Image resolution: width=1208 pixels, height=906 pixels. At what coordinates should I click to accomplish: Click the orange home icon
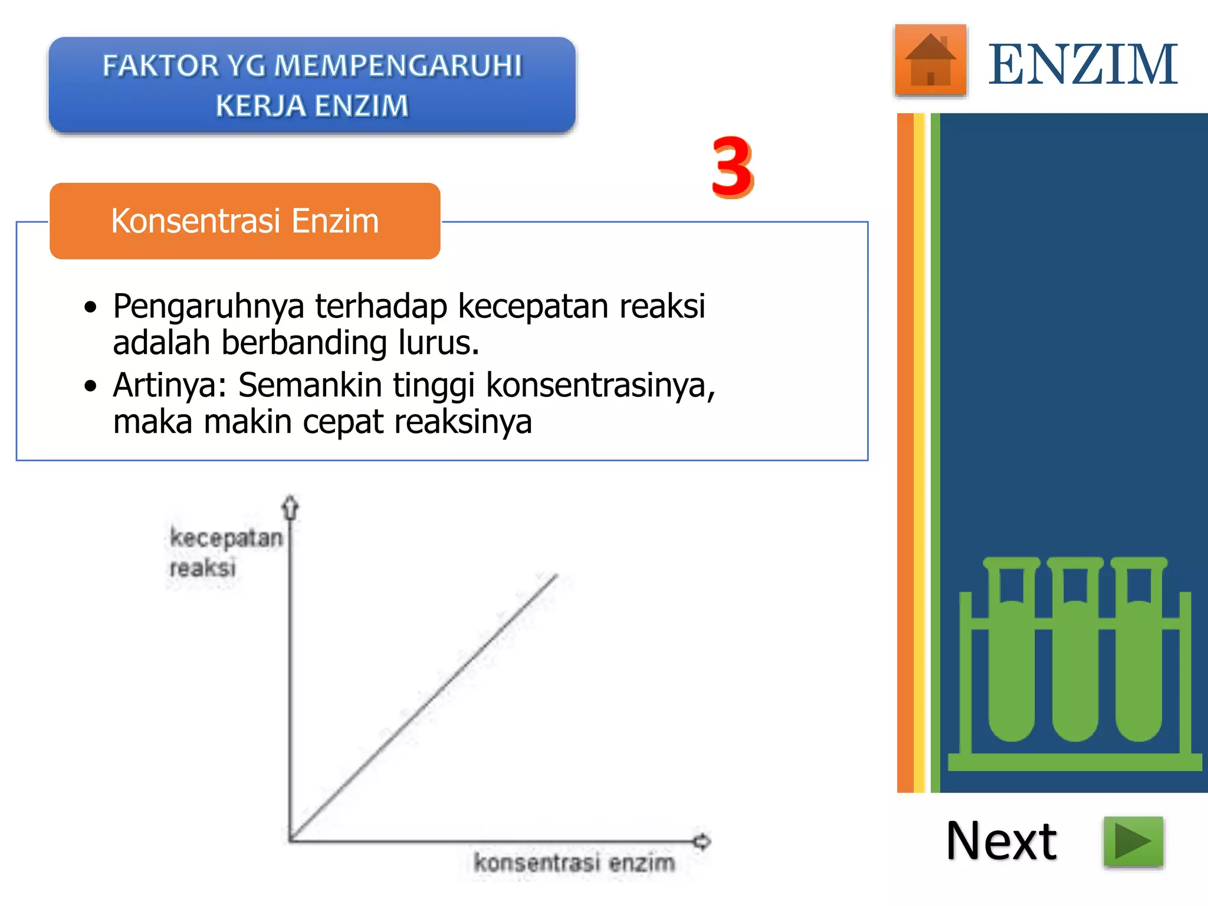point(930,60)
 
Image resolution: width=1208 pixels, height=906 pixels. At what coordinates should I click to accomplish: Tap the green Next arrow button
point(1133,841)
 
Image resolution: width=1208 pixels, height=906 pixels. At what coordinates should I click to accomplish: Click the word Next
point(1001,841)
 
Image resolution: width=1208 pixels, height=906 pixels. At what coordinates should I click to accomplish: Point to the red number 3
point(732,167)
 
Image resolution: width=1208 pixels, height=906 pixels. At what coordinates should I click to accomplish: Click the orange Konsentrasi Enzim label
point(245,221)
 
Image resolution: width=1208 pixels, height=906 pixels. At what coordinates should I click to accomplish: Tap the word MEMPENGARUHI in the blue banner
point(398,65)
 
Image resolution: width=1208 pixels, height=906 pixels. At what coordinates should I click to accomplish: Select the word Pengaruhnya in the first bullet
point(209,307)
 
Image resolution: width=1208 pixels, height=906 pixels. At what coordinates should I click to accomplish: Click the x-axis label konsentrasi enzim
point(574,863)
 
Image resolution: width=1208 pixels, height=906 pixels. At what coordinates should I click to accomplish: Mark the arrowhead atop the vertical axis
point(290,507)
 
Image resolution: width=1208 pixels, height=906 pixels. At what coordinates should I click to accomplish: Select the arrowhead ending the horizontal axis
point(702,841)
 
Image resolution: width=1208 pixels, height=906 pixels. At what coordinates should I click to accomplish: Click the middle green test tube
point(1075,661)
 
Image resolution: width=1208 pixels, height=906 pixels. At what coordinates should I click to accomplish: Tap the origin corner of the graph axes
point(290,840)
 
